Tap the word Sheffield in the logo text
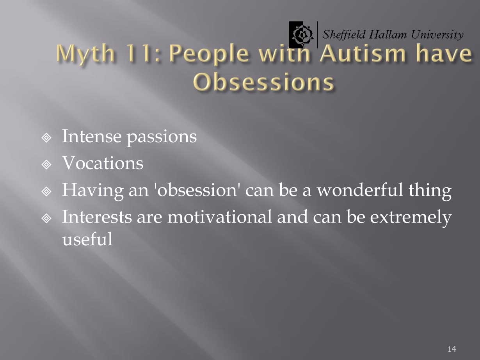point(344,35)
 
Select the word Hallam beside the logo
point(388,34)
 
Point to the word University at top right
point(437,35)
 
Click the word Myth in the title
point(85,54)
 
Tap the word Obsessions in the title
point(263,82)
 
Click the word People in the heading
point(209,54)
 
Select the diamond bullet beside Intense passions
point(46,138)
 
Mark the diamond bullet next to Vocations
point(46,164)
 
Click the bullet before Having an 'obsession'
point(46,191)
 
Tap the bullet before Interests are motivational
point(46,218)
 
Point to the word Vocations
point(103,162)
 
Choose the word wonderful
point(360,189)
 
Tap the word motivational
point(220,217)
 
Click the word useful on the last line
point(87,239)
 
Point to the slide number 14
point(452,349)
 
